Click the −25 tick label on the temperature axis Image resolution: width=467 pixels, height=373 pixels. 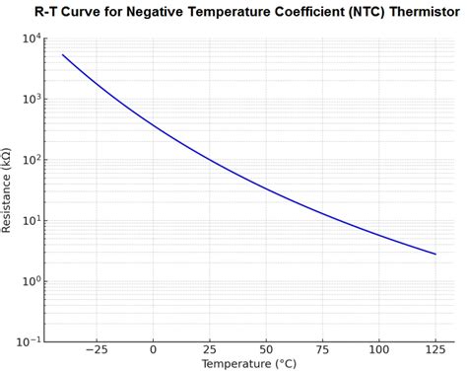tap(96, 349)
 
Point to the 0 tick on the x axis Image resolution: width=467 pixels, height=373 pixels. tap(153, 349)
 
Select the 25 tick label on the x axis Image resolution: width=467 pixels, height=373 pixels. tap(209, 349)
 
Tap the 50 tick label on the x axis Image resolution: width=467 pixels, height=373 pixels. tap(266, 349)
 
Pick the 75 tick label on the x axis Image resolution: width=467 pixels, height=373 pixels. tap(322, 349)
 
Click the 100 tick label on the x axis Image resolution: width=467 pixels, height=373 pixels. tap(379, 349)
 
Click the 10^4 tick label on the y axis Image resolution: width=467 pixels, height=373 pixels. tap(29, 38)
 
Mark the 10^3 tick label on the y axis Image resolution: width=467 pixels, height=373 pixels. tap(29, 99)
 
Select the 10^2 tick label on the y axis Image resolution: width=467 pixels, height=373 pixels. tap(29, 160)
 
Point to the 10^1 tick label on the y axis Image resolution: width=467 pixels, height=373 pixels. tap(29, 220)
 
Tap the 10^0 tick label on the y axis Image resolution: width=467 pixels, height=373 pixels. tap(29, 281)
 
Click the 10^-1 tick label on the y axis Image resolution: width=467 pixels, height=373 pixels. tap(27, 341)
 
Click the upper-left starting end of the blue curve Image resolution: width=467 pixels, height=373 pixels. tap(63, 55)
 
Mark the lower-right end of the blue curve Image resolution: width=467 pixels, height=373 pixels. tap(435, 254)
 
